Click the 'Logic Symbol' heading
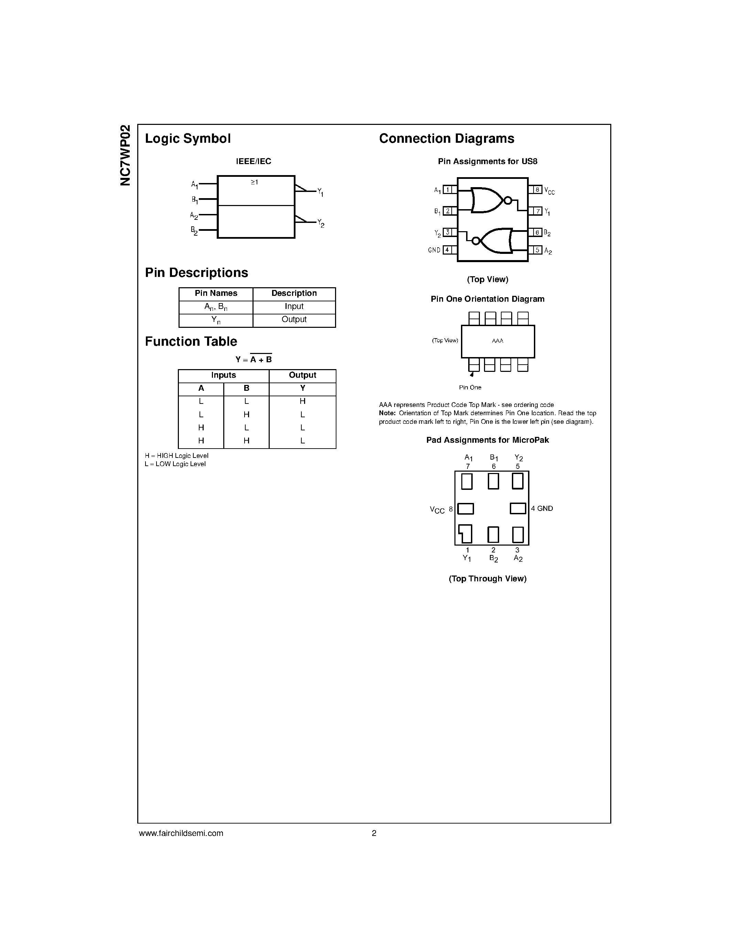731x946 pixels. click(187, 139)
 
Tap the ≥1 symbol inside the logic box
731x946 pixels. click(254, 182)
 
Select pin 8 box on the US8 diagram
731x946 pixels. click(537, 189)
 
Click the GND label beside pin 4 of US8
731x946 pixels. click(434, 250)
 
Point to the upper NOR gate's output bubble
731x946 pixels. click(508, 201)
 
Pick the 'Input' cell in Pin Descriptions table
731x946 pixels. click(294, 306)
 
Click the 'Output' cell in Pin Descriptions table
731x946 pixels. click(294, 319)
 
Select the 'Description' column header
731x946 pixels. click(294, 293)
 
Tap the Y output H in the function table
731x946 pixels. click(302, 401)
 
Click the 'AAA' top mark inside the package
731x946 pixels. click(497, 341)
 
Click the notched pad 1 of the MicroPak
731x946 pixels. click(466, 534)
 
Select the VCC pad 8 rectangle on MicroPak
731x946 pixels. click(465, 508)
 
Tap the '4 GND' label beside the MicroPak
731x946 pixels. click(542, 508)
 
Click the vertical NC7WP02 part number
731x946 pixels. click(125, 155)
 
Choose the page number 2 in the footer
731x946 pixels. click(374, 833)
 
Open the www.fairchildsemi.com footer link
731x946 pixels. click(181, 833)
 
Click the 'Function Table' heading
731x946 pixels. click(191, 342)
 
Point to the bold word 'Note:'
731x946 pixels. click(387, 413)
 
